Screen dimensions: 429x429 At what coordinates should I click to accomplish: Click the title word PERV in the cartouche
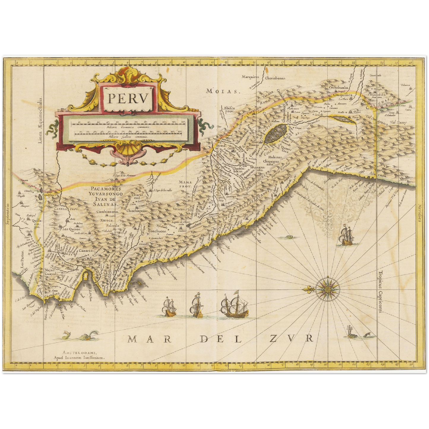pyautogui.click(x=127, y=99)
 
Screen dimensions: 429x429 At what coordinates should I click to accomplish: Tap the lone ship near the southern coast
pyautogui.click(x=346, y=236)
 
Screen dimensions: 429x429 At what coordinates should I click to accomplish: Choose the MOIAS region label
pyautogui.click(x=223, y=91)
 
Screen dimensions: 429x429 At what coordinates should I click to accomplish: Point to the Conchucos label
pyautogui.click(x=159, y=231)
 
